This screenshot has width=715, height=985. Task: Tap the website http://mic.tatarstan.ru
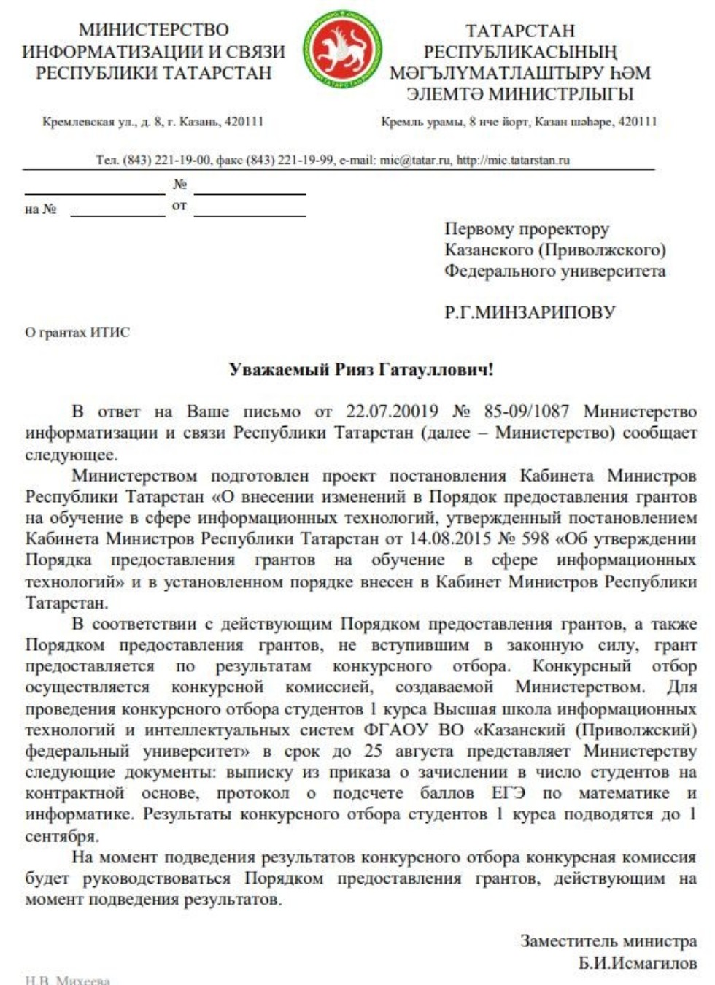click(513, 160)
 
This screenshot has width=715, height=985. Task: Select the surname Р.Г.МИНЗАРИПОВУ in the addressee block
click(530, 312)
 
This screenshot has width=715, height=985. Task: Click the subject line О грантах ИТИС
click(77, 333)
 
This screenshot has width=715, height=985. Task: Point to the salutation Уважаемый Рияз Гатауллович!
click(361, 369)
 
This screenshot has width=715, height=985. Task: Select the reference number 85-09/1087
click(526, 412)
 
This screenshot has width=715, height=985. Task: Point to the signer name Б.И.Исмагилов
click(638, 963)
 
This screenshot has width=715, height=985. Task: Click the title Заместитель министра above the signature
click(608, 941)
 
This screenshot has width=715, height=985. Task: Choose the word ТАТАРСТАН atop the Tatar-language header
click(520, 31)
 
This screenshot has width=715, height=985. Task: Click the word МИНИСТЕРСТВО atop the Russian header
click(153, 30)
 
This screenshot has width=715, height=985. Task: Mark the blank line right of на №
click(117, 213)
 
